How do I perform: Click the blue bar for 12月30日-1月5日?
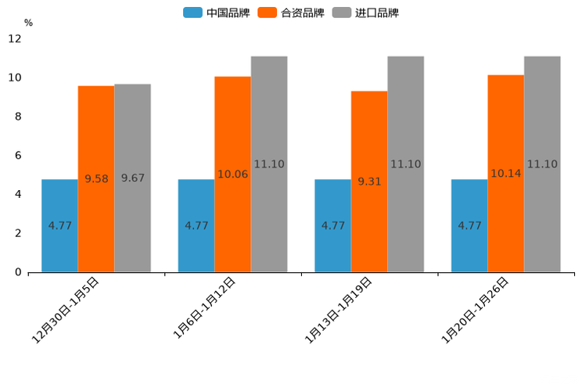click(x=59, y=226)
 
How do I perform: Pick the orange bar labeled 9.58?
click(x=96, y=179)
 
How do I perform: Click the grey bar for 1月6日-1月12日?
click(x=269, y=164)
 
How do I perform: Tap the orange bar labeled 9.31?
click(x=369, y=181)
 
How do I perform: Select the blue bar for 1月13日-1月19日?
click(x=332, y=226)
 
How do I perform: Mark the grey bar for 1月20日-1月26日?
click(x=542, y=164)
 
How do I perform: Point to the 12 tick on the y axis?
click(x=15, y=38)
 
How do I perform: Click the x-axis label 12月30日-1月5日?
click(x=66, y=311)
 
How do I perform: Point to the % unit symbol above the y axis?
click(x=28, y=23)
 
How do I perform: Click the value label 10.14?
click(x=505, y=174)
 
